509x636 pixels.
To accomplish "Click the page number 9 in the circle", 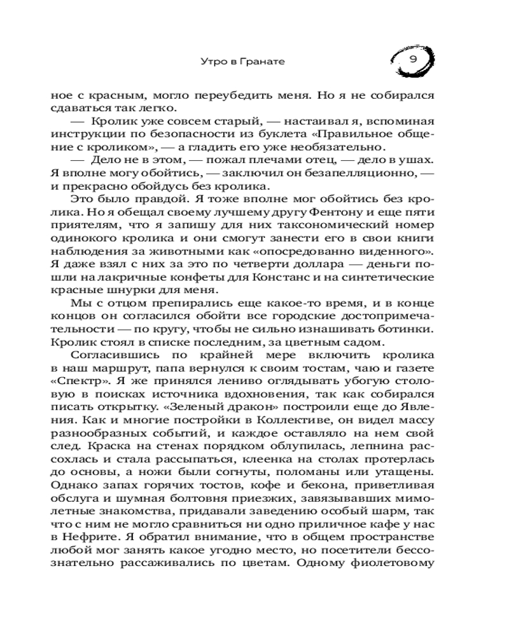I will coord(412,60).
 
